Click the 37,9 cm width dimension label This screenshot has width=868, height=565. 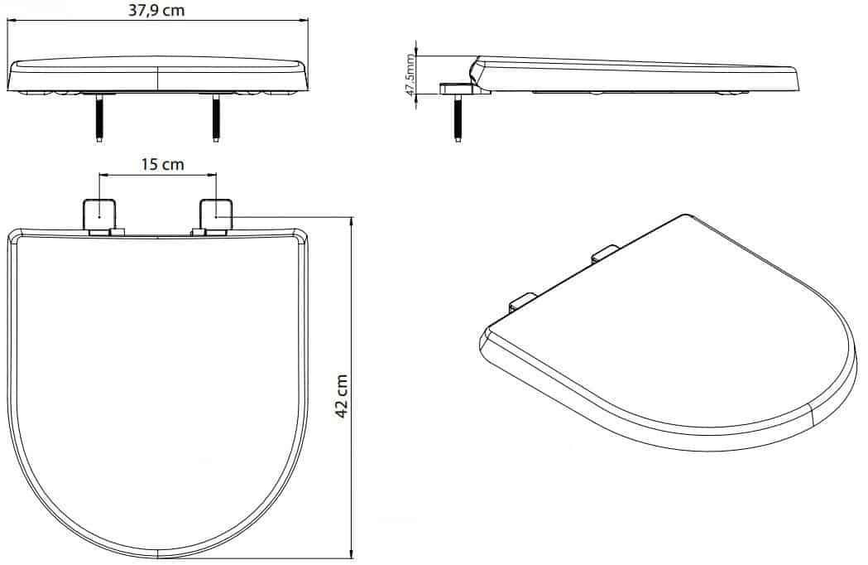pyautogui.click(x=156, y=11)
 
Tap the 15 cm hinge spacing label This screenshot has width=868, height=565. pyautogui.click(x=162, y=165)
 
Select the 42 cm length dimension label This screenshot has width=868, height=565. pyautogui.click(x=342, y=397)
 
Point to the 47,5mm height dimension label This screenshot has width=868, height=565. pyautogui.click(x=410, y=75)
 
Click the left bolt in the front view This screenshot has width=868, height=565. pyautogui.click(x=98, y=118)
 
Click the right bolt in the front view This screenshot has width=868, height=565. pyautogui.click(x=215, y=118)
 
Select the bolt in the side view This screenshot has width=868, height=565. pyautogui.click(x=458, y=118)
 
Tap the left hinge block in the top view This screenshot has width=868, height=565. pyautogui.click(x=99, y=215)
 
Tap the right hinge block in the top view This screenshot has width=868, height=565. pyautogui.click(x=217, y=215)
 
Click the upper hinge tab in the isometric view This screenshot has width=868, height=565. pyautogui.click(x=605, y=253)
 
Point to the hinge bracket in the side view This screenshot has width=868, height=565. pyautogui.click(x=459, y=88)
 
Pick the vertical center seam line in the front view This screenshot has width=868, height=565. pyautogui.click(x=158, y=78)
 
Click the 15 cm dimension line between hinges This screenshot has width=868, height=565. pyautogui.click(x=157, y=176)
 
